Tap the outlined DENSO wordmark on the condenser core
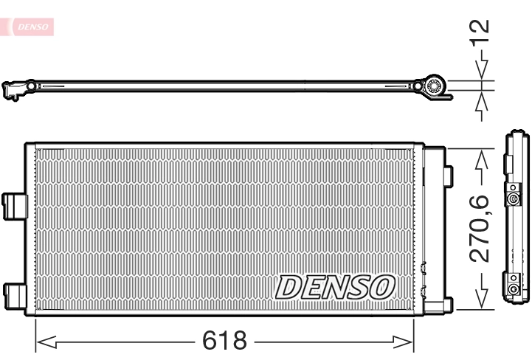(336, 287)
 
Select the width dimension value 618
(224, 341)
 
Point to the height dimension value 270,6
(481, 228)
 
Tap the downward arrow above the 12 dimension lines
(481, 71)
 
